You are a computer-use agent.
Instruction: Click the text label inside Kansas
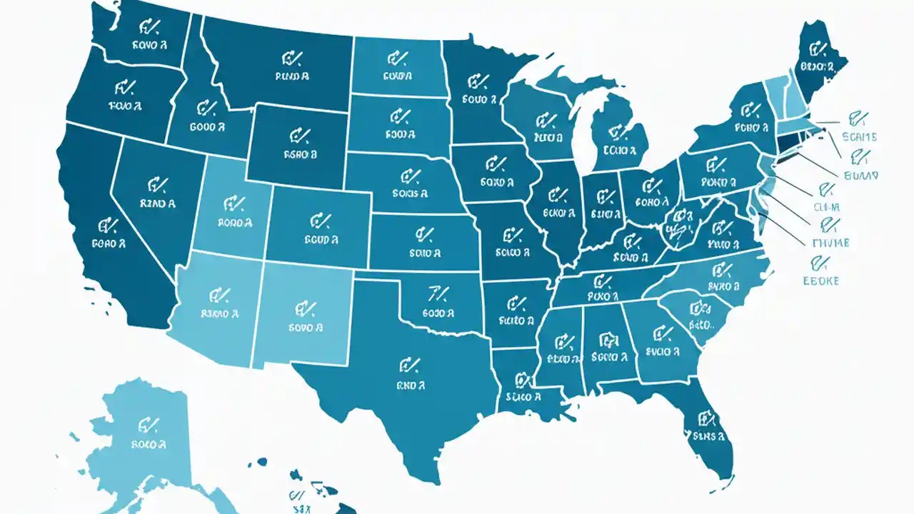[426, 253]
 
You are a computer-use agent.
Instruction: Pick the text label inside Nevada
[158, 203]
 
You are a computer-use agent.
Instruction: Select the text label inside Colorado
[321, 240]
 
